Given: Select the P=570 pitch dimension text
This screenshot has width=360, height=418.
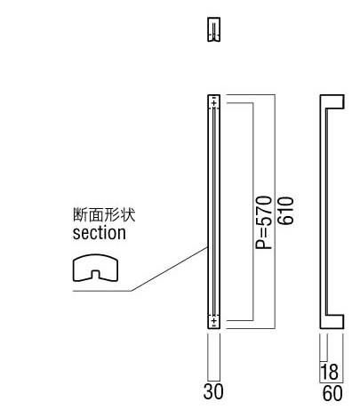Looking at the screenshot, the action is tap(263, 222).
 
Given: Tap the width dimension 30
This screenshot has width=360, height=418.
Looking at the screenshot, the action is tap(213, 391).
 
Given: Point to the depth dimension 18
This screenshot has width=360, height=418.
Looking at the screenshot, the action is tap(329, 372).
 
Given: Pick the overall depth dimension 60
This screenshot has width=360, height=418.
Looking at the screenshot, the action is tap(332, 393).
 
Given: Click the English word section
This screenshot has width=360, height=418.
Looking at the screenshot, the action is tap(100, 233).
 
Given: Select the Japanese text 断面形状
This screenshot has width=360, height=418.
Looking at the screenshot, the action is tap(104, 214).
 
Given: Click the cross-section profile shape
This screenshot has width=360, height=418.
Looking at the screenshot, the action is tap(95, 268).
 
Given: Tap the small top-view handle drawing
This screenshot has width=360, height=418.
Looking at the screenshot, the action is tap(213, 29).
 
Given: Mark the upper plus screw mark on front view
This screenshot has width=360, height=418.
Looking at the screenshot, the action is tap(214, 103).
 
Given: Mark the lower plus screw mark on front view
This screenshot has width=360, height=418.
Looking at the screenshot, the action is tap(214, 320).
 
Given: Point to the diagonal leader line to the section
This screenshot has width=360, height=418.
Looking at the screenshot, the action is tap(169, 269).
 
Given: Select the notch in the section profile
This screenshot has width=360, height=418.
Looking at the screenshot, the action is tap(95, 275).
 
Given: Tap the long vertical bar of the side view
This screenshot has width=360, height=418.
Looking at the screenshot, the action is tap(324, 212).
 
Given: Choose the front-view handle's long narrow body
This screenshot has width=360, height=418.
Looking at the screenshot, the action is tap(213, 212).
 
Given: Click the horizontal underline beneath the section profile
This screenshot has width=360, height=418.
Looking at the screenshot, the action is tap(102, 291).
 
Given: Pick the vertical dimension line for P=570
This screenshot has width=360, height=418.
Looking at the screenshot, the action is tap(253, 212).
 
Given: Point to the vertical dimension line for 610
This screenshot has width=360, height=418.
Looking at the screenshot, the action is tap(275, 212).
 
